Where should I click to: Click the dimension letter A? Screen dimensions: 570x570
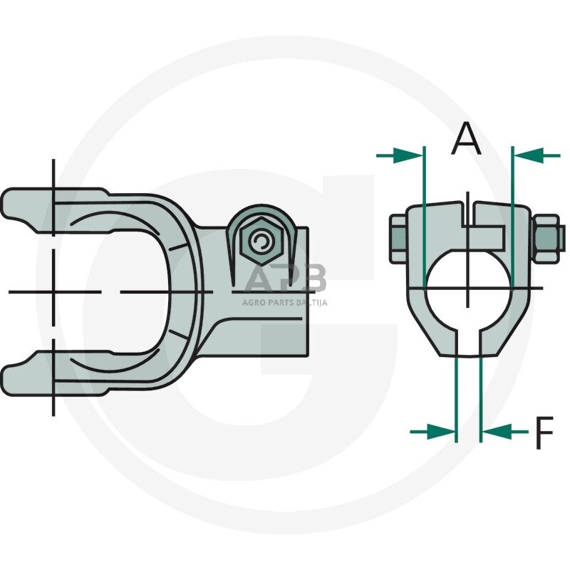(x=467, y=138)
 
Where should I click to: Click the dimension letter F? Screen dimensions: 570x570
(x=544, y=432)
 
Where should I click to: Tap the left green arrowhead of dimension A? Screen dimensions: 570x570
(x=408, y=155)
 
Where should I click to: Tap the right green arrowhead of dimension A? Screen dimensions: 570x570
(x=527, y=155)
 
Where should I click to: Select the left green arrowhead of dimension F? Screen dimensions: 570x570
(x=440, y=432)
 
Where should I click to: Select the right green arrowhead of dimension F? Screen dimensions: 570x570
(x=497, y=432)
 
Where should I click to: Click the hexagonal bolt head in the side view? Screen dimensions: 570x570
(x=261, y=242)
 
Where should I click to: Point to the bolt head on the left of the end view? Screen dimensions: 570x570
(x=398, y=238)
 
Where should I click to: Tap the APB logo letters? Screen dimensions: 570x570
(x=284, y=278)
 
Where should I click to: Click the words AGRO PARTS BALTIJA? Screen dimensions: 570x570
(x=284, y=302)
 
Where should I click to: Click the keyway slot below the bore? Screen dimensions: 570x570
(x=468, y=343)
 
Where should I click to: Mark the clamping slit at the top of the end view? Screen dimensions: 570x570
(x=469, y=214)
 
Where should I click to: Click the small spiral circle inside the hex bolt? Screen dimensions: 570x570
(x=261, y=242)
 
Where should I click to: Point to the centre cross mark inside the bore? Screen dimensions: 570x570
(x=468, y=289)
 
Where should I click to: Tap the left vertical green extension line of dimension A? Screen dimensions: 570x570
(x=424, y=217)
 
